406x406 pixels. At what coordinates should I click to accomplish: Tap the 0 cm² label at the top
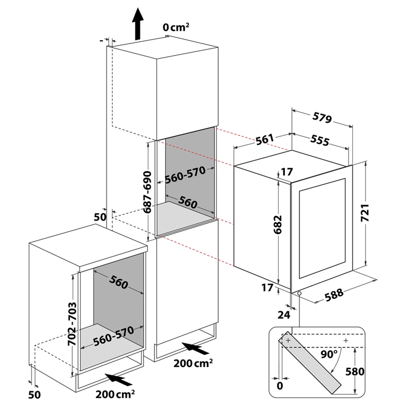(176, 27)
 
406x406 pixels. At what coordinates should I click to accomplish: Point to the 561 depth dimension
(264, 139)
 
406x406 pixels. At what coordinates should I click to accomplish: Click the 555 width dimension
(319, 142)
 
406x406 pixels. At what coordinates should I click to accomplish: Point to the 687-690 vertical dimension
(148, 192)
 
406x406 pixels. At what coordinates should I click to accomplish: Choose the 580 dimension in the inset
(371, 372)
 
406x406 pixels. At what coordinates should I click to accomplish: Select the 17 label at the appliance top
(287, 171)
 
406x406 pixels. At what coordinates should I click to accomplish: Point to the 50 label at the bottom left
(35, 395)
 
